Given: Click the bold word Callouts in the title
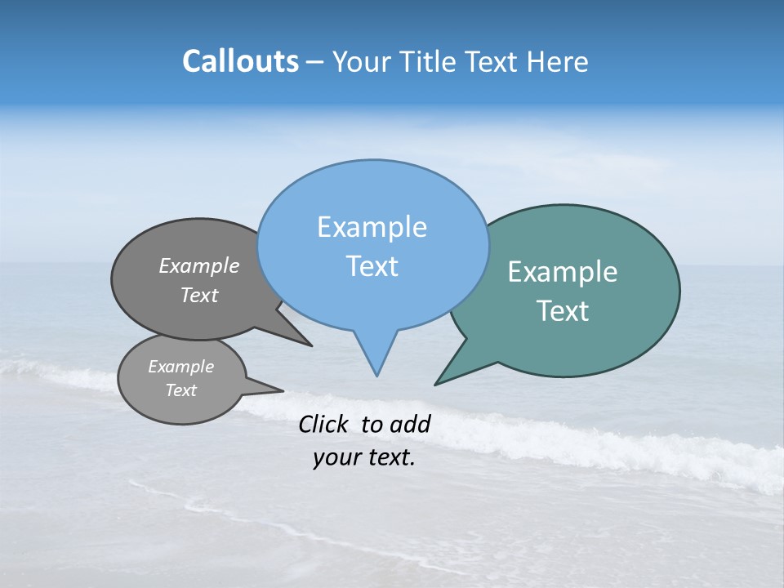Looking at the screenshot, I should tap(240, 61).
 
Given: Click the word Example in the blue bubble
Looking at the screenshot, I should tap(372, 227).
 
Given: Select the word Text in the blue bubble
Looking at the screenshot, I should tap(372, 266).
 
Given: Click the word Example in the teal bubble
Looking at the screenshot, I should tap(563, 272).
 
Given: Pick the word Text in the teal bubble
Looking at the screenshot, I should tap(563, 311).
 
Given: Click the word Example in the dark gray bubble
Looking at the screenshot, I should tap(198, 265).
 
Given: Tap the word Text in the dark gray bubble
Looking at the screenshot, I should tap(198, 296).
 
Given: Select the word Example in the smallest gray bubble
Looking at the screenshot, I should tap(180, 367).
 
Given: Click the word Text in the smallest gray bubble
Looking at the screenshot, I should tap(180, 390).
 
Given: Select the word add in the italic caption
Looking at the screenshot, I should tap(410, 424).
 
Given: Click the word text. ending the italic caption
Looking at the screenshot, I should tap(387, 457).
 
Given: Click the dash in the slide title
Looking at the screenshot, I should tap(314, 62).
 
